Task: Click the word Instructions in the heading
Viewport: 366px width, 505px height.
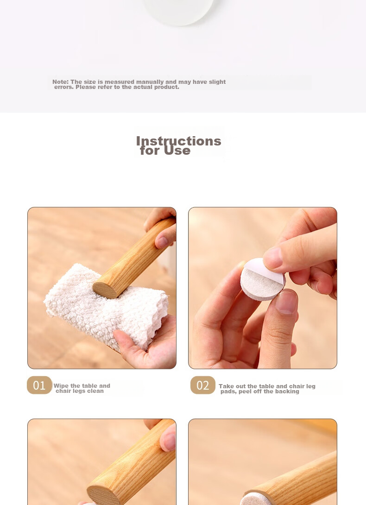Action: click(x=178, y=141)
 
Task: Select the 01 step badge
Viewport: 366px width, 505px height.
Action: click(x=39, y=385)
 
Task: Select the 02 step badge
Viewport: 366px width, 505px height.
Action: click(x=202, y=385)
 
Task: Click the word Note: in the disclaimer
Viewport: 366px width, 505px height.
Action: click(x=61, y=82)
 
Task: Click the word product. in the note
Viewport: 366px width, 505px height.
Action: click(x=167, y=87)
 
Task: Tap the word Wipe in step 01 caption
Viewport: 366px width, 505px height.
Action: click(x=61, y=386)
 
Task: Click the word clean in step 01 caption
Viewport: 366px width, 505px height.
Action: click(x=96, y=391)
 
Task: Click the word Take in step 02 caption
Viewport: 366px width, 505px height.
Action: click(x=226, y=386)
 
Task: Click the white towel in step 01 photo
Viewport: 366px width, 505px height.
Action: click(x=106, y=309)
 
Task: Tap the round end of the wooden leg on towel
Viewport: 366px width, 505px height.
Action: click(x=105, y=290)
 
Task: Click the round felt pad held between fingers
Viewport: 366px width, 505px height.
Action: click(x=262, y=279)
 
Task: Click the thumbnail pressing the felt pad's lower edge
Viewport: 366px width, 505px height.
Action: click(x=287, y=302)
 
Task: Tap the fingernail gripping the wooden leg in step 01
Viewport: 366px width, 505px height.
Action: click(x=162, y=242)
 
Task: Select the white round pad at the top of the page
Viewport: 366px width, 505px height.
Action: click(x=178, y=11)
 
